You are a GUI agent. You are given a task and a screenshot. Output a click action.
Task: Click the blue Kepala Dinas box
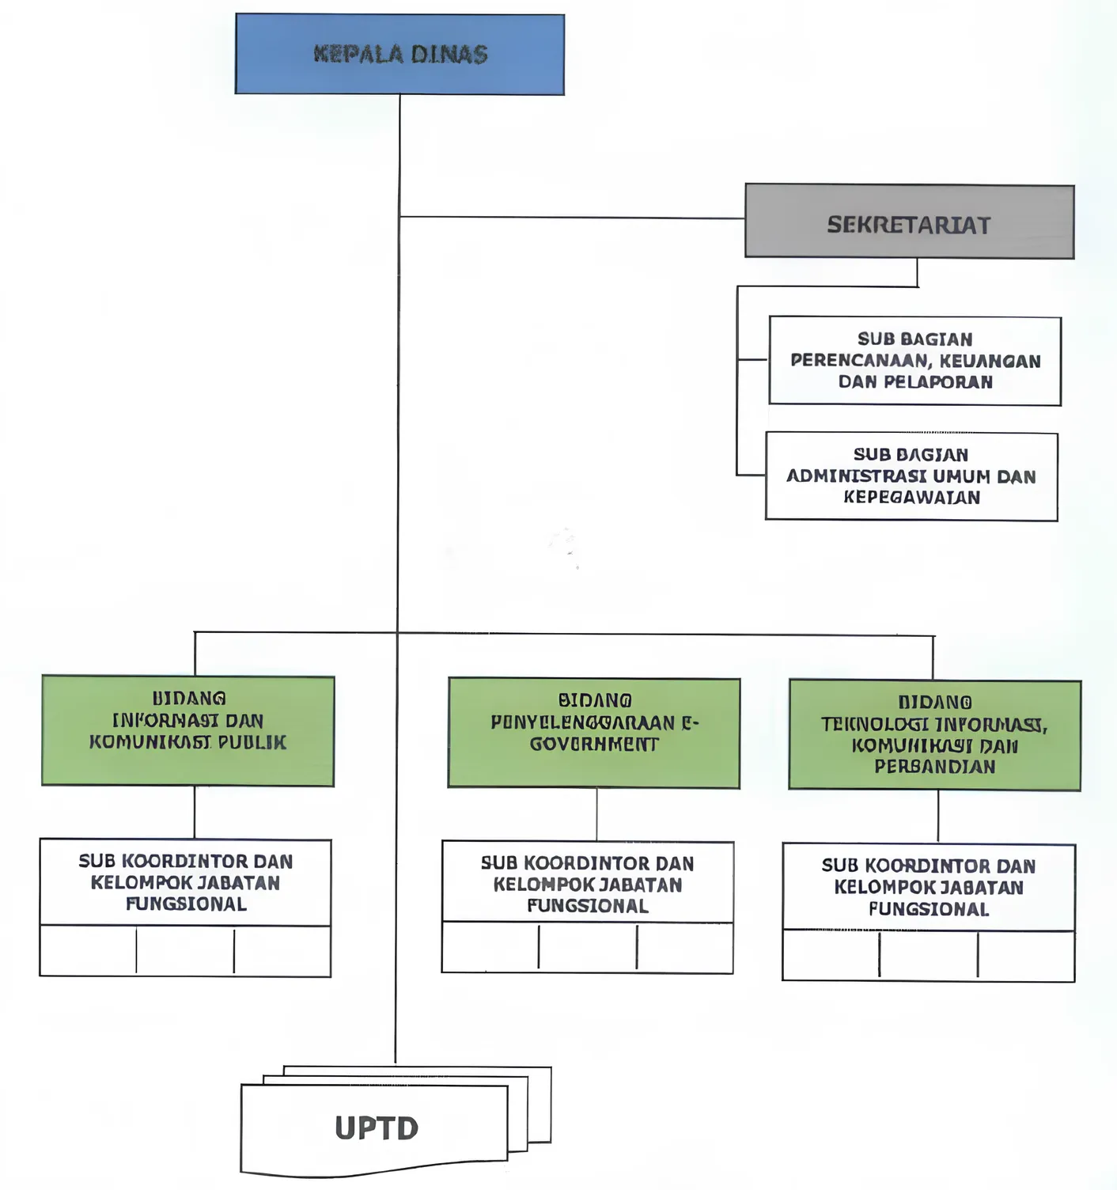[399, 55]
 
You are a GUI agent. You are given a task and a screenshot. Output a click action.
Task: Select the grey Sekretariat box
[909, 222]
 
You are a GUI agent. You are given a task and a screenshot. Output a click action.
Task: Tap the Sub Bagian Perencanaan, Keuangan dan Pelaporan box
[914, 361]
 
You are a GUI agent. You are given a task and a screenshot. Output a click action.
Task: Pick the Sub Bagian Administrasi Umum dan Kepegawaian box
[911, 476]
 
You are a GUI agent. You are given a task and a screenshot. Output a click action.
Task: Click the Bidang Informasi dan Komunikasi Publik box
[187, 731]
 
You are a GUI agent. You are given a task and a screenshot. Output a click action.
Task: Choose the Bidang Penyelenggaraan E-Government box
[594, 733]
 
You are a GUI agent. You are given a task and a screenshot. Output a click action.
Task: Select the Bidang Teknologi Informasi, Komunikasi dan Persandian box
[934, 735]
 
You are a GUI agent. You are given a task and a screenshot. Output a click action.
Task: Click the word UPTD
[377, 1128]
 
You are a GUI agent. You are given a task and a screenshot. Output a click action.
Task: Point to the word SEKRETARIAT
[909, 225]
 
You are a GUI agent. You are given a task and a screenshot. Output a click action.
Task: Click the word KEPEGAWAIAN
[911, 498]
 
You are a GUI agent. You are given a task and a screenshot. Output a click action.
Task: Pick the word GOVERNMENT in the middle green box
[594, 745]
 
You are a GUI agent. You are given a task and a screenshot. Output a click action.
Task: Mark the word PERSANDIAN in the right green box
[934, 767]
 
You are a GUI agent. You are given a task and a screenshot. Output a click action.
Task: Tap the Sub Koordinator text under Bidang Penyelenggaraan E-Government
[588, 884]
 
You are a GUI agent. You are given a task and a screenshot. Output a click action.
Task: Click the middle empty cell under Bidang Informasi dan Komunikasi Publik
[185, 950]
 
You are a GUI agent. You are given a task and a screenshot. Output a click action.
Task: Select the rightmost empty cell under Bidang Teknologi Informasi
[1026, 956]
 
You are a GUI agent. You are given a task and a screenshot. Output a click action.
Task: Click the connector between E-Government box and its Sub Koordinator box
[596, 814]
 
